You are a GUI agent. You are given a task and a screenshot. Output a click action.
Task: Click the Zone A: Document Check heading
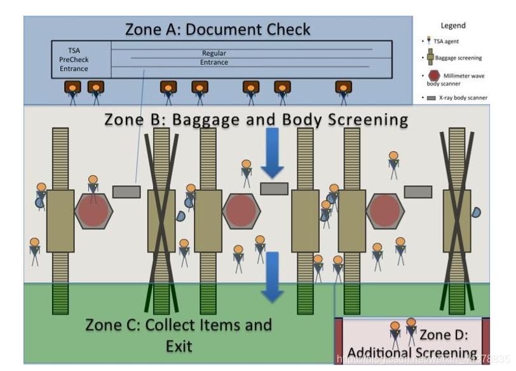click(217, 29)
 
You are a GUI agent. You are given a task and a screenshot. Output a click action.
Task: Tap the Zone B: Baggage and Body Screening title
click(256, 119)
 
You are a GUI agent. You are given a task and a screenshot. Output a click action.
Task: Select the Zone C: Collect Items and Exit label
click(179, 335)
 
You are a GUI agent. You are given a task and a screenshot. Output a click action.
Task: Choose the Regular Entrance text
click(214, 58)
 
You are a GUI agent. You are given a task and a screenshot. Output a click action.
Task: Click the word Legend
click(453, 25)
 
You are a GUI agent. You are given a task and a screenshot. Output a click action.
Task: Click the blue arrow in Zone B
click(273, 153)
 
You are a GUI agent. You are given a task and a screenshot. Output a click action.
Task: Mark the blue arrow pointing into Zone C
click(273, 277)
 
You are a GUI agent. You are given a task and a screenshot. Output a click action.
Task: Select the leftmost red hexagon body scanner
click(94, 212)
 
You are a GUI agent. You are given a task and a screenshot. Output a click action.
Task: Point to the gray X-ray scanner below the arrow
click(274, 188)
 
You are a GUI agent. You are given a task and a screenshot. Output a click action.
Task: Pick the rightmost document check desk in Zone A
click(344, 88)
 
